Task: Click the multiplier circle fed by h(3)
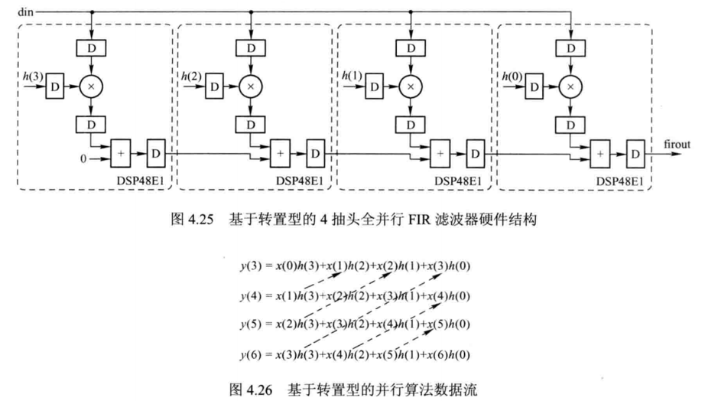pyautogui.click(x=91, y=87)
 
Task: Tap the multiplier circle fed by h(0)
pyautogui.click(x=570, y=87)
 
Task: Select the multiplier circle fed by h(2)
pyautogui.click(x=250, y=87)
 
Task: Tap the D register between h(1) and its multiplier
pyautogui.click(x=373, y=87)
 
